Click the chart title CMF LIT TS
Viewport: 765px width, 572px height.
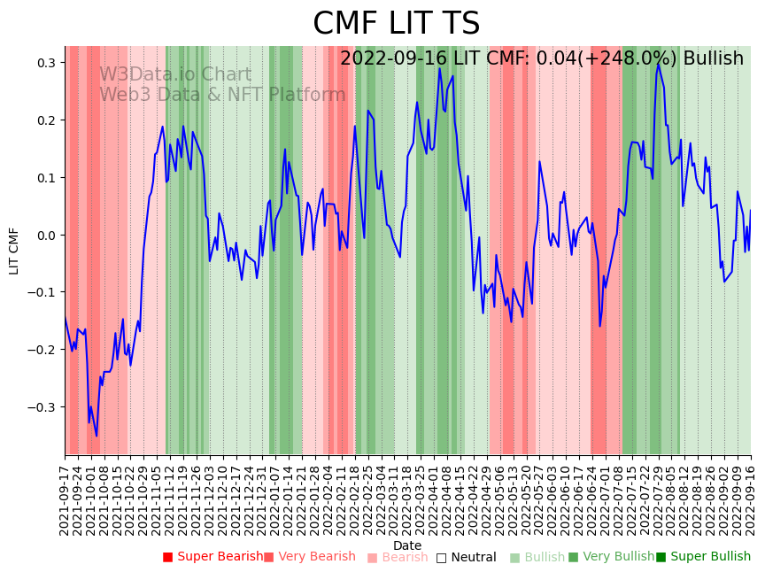396,24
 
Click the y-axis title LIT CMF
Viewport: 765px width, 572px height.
14,251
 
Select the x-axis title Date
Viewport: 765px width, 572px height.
407,545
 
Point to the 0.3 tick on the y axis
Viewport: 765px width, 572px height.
46,63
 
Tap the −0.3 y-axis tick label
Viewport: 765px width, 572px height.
42,407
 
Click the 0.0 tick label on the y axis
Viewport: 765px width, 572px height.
46,235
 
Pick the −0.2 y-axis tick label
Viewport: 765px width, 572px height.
42,350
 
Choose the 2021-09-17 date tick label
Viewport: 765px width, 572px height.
66,498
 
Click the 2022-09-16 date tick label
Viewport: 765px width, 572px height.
752,498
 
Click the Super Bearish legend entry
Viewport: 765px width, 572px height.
212,557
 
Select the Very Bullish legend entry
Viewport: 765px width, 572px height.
611,557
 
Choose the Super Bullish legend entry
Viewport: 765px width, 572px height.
703,557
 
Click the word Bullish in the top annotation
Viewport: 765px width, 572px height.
713,58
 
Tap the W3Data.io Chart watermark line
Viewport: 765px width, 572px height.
175,74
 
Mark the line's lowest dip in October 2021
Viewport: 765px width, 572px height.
97,436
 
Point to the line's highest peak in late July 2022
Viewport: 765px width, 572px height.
658,64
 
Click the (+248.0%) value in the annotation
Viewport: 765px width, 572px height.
634,58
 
